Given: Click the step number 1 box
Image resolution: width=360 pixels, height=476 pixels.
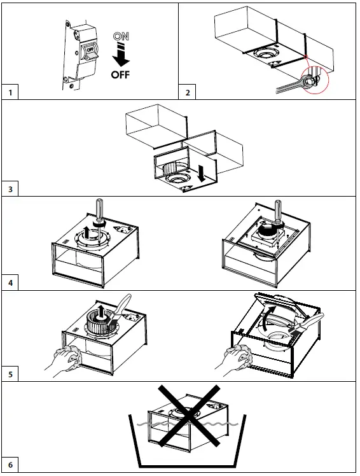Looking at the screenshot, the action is click(10, 92).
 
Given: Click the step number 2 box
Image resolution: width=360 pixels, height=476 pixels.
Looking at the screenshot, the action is click(187, 92).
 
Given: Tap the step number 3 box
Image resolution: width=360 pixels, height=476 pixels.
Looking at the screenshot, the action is click(10, 189).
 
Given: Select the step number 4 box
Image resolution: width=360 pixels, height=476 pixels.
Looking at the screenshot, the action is click(10, 283).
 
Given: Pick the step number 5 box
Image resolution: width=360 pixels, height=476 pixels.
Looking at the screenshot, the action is click(10, 374).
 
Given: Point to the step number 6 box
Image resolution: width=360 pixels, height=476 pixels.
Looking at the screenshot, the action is click(10, 465).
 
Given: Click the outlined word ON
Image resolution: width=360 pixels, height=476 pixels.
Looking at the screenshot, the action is click(121, 36).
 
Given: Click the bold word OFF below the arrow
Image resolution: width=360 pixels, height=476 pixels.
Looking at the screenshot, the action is click(120, 74).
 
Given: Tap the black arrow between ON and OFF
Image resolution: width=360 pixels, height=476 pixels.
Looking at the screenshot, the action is click(121, 55).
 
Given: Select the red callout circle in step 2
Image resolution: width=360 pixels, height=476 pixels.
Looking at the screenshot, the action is click(315, 80).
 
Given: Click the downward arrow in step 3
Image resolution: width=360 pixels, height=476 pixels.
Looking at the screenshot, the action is click(202, 172).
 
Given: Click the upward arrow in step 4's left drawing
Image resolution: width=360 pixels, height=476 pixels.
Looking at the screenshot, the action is click(87, 234).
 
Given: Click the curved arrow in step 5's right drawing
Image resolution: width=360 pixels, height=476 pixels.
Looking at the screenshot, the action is click(267, 319).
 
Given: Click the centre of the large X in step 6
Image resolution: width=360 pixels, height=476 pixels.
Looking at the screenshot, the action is click(188, 416).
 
